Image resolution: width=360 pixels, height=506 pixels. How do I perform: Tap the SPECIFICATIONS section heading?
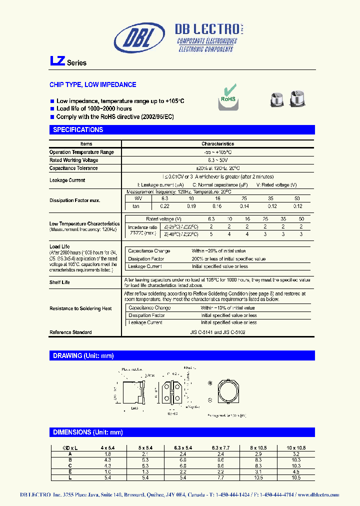coord(78,130)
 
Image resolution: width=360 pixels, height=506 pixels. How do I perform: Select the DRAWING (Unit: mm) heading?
coord(83,356)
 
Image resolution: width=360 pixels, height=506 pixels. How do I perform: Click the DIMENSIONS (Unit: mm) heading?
coord(88,432)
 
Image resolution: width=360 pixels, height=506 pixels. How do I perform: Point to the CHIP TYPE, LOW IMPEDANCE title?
coord(92,85)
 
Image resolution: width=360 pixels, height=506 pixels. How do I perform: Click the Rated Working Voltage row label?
coord(73,160)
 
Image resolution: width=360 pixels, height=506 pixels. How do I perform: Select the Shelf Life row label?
coord(59,282)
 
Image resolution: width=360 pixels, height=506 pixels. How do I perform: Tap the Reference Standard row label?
coord(70,332)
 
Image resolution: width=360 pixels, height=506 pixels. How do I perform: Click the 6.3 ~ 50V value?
coord(217,160)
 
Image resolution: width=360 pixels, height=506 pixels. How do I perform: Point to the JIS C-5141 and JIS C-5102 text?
coord(218,332)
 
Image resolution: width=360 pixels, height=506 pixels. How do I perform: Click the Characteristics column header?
coord(217,144)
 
